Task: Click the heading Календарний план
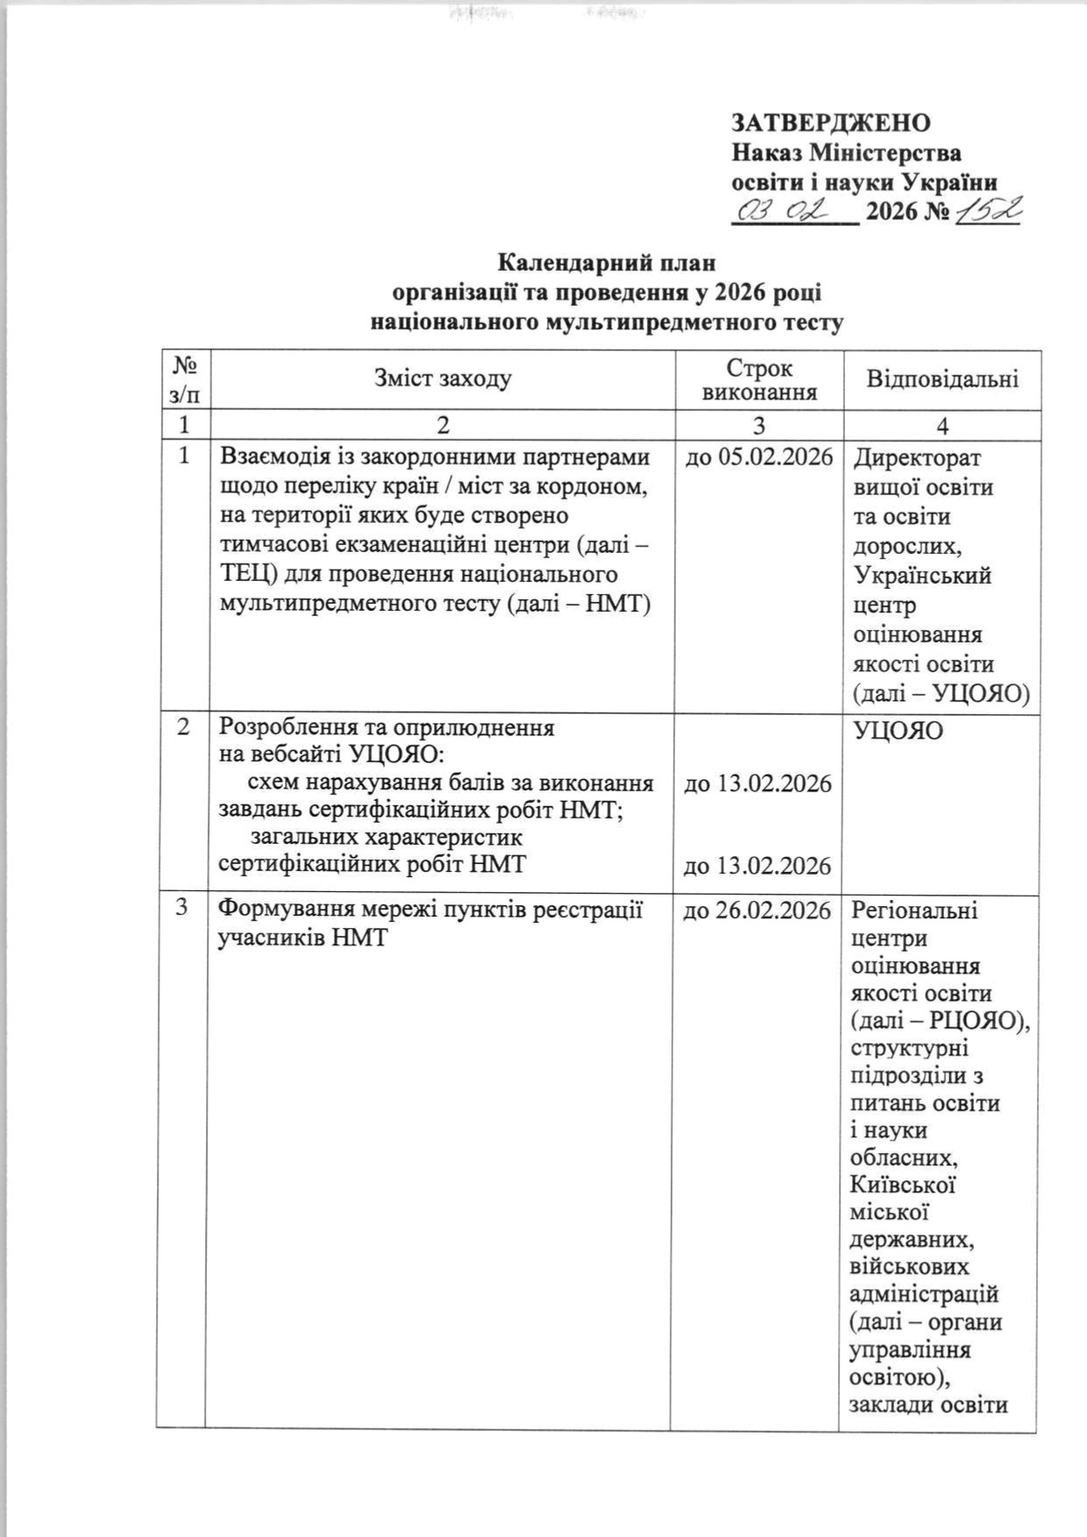pos(607,262)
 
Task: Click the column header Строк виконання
pos(759,379)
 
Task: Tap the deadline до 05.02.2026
pos(758,457)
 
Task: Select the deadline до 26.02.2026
pos(757,910)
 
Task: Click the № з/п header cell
pos(183,379)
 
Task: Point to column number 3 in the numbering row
pos(759,425)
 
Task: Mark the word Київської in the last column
pos(902,1185)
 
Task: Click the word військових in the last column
pos(910,1266)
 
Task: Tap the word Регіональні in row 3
pos(914,910)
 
